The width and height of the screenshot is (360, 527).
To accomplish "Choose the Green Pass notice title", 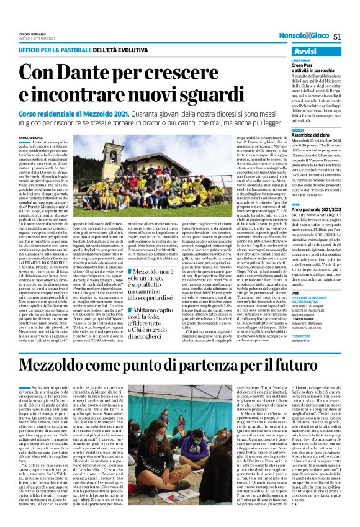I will [x=306, y=65].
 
